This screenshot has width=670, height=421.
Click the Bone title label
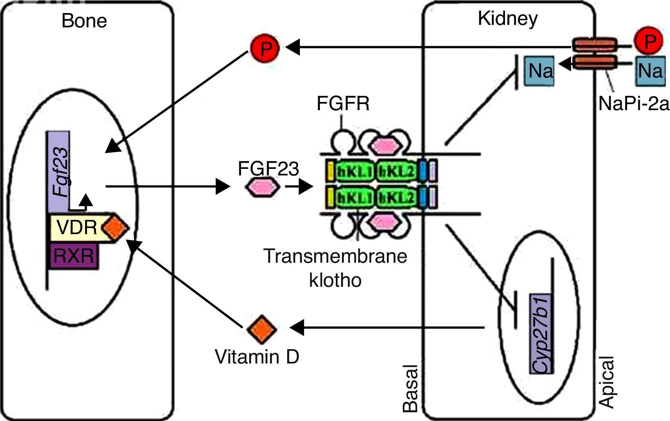coord(84,21)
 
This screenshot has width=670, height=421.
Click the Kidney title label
coord(507,19)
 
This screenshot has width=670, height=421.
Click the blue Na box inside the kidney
coord(540,71)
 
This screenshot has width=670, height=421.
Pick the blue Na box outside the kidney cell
coord(650,71)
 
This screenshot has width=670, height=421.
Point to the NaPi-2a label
coord(634,104)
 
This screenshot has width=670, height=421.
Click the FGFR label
coord(343,104)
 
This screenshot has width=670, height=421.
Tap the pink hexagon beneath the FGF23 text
coord(263,187)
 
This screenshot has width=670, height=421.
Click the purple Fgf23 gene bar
coord(59,171)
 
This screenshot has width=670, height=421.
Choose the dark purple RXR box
coord(74,256)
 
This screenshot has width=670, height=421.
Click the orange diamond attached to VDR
coord(115,228)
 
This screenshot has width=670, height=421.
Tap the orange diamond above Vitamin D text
coord(262,329)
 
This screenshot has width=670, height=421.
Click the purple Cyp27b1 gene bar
coord(541,334)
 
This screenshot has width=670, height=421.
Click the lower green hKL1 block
coord(354,199)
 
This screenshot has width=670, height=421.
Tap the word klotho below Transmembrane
coord(335,280)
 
